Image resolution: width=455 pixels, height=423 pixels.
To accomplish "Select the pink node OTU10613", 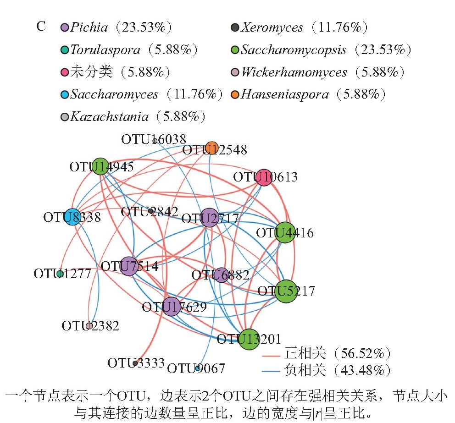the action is [264, 177].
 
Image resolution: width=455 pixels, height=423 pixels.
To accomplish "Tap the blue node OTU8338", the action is [72, 217].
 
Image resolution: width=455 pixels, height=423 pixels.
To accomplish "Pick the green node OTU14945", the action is [100, 166].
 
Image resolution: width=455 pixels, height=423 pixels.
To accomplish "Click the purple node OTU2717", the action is [209, 218].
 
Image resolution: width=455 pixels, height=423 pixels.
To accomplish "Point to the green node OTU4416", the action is [285, 232].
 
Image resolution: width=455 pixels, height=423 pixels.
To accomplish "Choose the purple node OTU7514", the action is [129, 266].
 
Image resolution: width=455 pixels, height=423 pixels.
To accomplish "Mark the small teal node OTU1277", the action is [60, 274].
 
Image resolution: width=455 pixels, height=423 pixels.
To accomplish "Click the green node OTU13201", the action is [249, 340].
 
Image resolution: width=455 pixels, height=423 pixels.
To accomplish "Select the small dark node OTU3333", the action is [135, 363].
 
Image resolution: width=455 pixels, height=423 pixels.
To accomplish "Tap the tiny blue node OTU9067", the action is [198, 368].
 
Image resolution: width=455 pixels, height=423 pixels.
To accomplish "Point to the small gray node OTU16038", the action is [155, 141].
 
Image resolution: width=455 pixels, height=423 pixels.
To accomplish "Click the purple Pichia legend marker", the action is [64, 27].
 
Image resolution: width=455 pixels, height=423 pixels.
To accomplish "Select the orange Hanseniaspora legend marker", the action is [235, 94].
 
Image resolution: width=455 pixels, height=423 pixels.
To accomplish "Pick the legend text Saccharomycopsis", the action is [294, 50].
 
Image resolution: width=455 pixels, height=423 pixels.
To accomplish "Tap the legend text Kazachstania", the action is [110, 116].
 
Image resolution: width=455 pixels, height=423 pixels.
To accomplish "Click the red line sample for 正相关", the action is [271, 355].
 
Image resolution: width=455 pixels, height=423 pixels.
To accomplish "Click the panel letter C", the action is [41, 27].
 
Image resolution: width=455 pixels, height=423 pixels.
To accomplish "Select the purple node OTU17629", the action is [171, 307].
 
